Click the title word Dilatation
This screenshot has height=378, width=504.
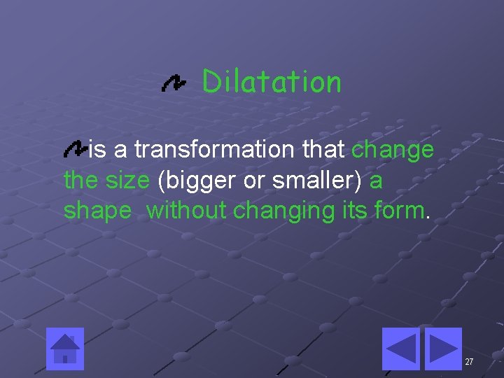[272, 82]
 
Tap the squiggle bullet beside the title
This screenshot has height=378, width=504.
[173, 84]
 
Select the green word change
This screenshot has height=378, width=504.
[392, 150]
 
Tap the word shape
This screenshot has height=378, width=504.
[97, 211]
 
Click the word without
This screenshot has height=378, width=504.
[186, 210]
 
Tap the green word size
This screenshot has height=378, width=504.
[127, 180]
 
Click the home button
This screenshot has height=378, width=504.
[65, 348]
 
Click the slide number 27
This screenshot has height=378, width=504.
[469, 362]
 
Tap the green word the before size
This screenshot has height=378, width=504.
[81, 180]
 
